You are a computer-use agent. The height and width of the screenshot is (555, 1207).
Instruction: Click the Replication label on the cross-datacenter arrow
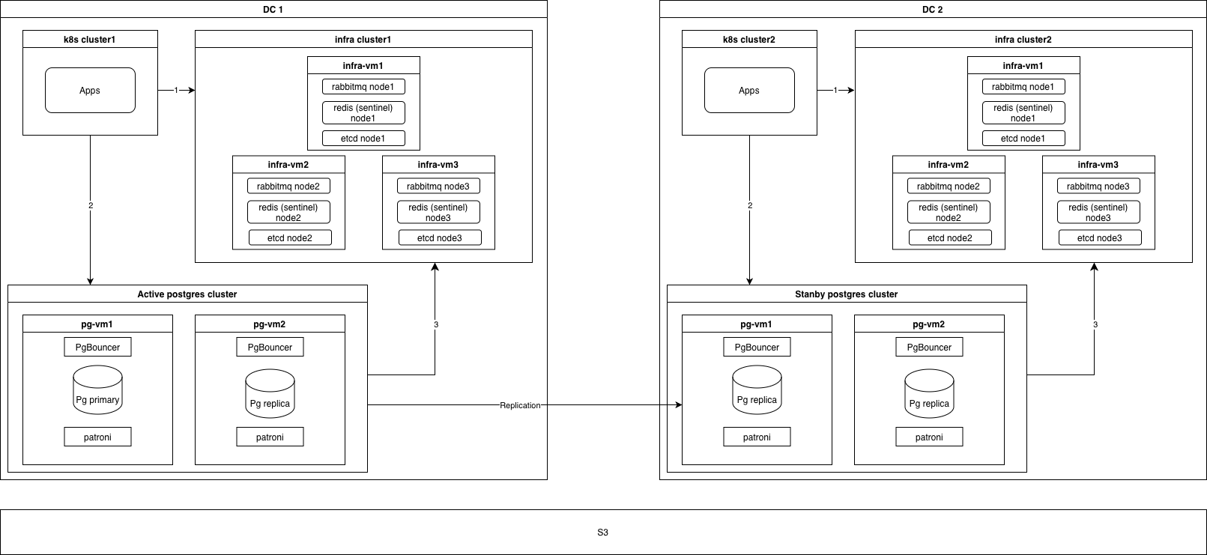(520, 405)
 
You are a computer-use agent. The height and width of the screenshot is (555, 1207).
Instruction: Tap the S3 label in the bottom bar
(603, 533)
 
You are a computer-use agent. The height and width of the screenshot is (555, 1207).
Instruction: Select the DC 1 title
(273, 10)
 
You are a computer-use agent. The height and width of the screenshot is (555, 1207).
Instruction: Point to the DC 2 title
(932, 10)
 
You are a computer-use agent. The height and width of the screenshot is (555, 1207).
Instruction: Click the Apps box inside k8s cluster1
(90, 91)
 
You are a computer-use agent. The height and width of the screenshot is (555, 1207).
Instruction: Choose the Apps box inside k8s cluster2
(749, 91)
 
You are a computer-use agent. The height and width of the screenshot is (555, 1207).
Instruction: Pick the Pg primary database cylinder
(97, 390)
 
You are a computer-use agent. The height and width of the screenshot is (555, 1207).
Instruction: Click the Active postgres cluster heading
(187, 294)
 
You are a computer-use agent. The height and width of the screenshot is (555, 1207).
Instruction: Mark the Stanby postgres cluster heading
(846, 294)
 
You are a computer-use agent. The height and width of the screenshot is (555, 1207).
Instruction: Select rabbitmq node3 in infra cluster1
(438, 186)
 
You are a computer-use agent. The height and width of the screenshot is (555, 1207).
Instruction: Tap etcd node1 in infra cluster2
(1023, 139)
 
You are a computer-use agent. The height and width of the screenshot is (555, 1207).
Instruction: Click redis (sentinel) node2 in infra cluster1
(288, 213)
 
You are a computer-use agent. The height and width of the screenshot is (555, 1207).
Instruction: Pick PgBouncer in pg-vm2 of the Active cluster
(270, 348)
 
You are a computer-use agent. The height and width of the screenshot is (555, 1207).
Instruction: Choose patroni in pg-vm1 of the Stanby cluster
(757, 437)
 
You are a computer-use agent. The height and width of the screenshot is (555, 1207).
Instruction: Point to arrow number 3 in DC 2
(1095, 324)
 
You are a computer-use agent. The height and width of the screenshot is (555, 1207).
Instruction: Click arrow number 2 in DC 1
(91, 205)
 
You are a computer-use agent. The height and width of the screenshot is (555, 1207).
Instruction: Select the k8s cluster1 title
(90, 40)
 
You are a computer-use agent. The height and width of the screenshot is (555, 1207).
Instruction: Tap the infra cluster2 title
(1023, 40)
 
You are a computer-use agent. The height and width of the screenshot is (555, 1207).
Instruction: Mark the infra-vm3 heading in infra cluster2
(1098, 165)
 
